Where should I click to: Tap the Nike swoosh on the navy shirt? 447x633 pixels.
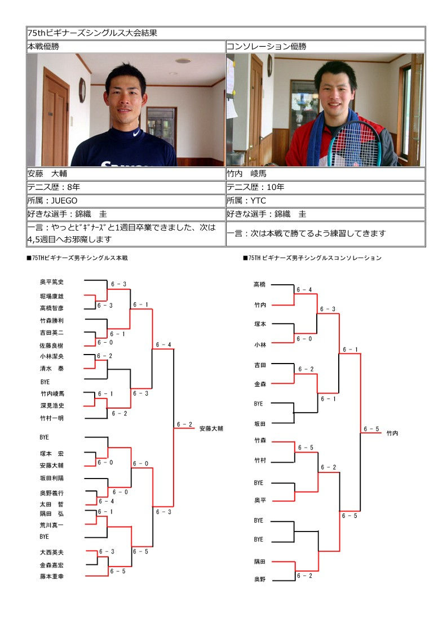(136, 133)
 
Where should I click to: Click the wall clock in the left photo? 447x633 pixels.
(82, 90)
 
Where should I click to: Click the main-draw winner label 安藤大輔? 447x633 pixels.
(211, 428)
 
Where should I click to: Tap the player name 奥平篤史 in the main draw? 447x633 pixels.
(52, 282)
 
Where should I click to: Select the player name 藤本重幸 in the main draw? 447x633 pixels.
(52, 576)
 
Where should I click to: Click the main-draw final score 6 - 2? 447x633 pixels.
(184, 424)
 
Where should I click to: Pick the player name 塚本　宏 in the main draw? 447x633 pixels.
(52, 454)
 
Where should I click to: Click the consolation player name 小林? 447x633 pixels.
(260, 344)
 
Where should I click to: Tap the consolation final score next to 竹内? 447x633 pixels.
(371, 429)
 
